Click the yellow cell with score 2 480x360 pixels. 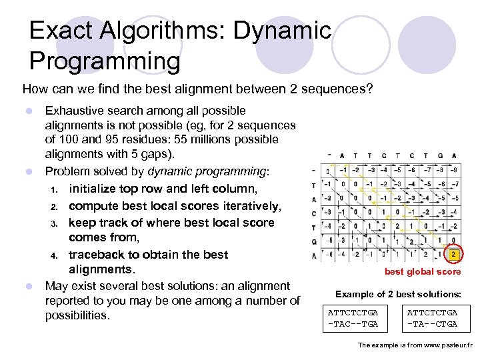click(453, 255)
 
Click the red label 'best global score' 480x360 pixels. click(422, 271)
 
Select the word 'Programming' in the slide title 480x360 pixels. click(105, 61)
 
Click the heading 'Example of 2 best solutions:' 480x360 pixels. click(397, 294)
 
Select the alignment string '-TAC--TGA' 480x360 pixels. click(353, 323)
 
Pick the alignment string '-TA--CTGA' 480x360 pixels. click(432, 323)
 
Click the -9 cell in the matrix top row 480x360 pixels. click(453, 170)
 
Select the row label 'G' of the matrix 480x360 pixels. click(313, 241)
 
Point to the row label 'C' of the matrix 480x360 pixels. click(313, 213)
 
